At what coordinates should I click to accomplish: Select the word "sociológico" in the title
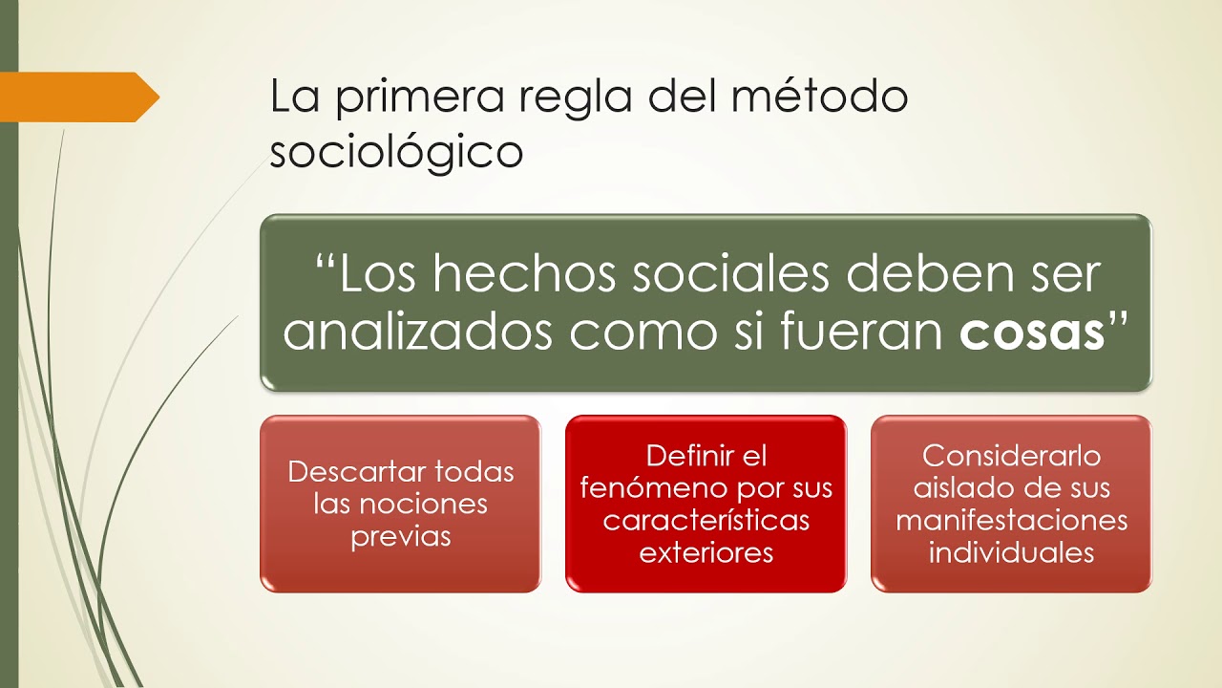point(396,153)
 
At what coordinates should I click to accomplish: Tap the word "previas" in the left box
point(400,537)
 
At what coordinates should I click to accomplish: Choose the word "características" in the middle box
point(706,521)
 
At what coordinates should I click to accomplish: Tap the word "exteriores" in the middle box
point(706,553)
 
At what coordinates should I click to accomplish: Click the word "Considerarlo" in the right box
point(1012,457)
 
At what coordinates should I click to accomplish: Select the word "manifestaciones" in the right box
point(1012,521)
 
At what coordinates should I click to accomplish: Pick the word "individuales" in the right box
point(1012,553)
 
